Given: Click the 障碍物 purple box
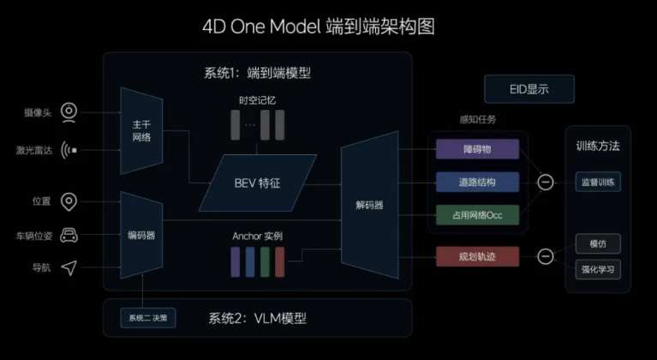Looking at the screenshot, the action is (x=477, y=148).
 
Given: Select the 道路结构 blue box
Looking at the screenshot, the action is (x=477, y=182).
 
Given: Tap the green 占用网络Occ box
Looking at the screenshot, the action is (x=477, y=214).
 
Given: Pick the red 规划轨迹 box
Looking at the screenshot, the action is (x=477, y=255).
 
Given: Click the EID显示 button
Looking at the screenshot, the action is (x=529, y=89).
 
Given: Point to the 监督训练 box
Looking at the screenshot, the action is (x=598, y=182).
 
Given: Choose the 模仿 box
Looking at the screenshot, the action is (x=598, y=243).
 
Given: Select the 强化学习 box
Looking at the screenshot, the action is (x=598, y=269).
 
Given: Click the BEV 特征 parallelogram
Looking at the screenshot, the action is (x=258, y=183).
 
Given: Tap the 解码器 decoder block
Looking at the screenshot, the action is (x=369, y=205).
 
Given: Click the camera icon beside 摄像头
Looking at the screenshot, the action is (x=69, y=111).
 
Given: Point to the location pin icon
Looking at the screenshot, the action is (x=69, y=201).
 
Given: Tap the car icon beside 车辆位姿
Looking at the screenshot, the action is (x=69, y=235).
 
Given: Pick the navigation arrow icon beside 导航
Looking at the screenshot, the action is (x=69, y=268).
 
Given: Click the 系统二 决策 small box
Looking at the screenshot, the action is (x=149, y=317).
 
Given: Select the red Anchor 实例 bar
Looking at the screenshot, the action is (x=280, y=261).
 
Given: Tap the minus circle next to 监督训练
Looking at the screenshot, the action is (x=545, y=182).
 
